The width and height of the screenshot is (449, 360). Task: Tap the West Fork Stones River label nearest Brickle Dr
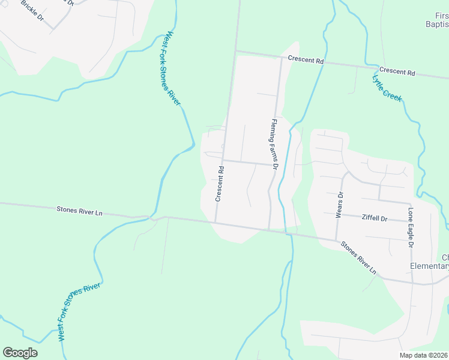pyautogui.click(x=170, y=68)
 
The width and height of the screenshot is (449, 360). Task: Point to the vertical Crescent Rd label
pyautogui.click(x=220, y=184)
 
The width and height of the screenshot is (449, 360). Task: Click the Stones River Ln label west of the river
pyautogui.click(x=80, y=211)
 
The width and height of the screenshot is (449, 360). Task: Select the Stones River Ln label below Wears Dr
pyautogui.click(x=358, y=258)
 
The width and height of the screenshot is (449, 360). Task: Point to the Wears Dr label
pyautogui.click(x=340, y=203)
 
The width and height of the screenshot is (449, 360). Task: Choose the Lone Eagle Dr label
pyautogui.click(x=411, y=228)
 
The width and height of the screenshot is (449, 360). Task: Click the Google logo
pyautogui.click(x=20, y=353)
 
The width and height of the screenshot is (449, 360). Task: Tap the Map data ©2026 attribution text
pyautogui.click(x=423, y=355)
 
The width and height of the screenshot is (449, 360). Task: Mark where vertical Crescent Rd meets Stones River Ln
pyautogui.click(x=215, y=223)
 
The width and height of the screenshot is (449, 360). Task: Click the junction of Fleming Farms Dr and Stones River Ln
pyautogui.click(x=270, y=229)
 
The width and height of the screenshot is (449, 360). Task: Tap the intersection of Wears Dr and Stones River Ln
pyautogui.click(x=336, y=240)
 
